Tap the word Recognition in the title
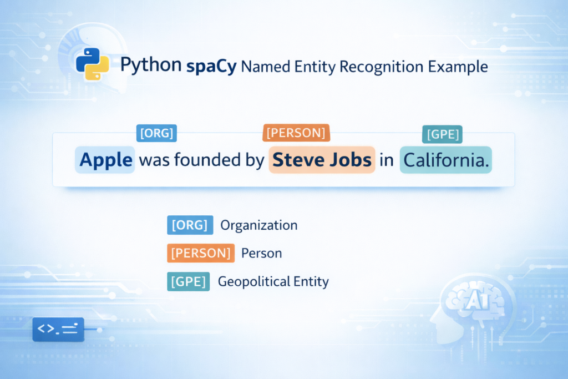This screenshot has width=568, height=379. pyautogui.click(x=383, y=67)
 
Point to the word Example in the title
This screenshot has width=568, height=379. pyautogui.click(x=459, y=67)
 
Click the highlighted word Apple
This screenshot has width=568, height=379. pyautogui.click(x=106, y=160)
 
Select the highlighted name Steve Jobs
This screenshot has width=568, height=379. pyautogui.click(x=322, y=160)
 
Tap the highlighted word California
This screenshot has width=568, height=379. pyautogui.click(x=446, y=160)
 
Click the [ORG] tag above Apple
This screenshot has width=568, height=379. pyautogui.click(x=156, y=133)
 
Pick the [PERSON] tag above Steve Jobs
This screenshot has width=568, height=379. pyautogui.click(x=296, y=133)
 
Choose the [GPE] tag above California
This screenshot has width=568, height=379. pyautogui.click(x=443, y=134)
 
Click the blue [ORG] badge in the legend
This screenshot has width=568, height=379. pyautogui.click(x=190, y=225)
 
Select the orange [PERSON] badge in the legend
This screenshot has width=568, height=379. pyautogui.click(x=200, y=254)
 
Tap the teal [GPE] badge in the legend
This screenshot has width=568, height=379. pyautogui.click(x=188, y=281)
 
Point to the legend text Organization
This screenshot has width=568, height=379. pyautogui.click(x=259, y=225)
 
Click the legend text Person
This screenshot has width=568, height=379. pyautogui.click(x=262, y=254)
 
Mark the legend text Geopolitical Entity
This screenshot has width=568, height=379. pyautogui.click(x=273, y=281)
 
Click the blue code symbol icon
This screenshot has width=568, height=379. pyautogui.click(x=58, y=329)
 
